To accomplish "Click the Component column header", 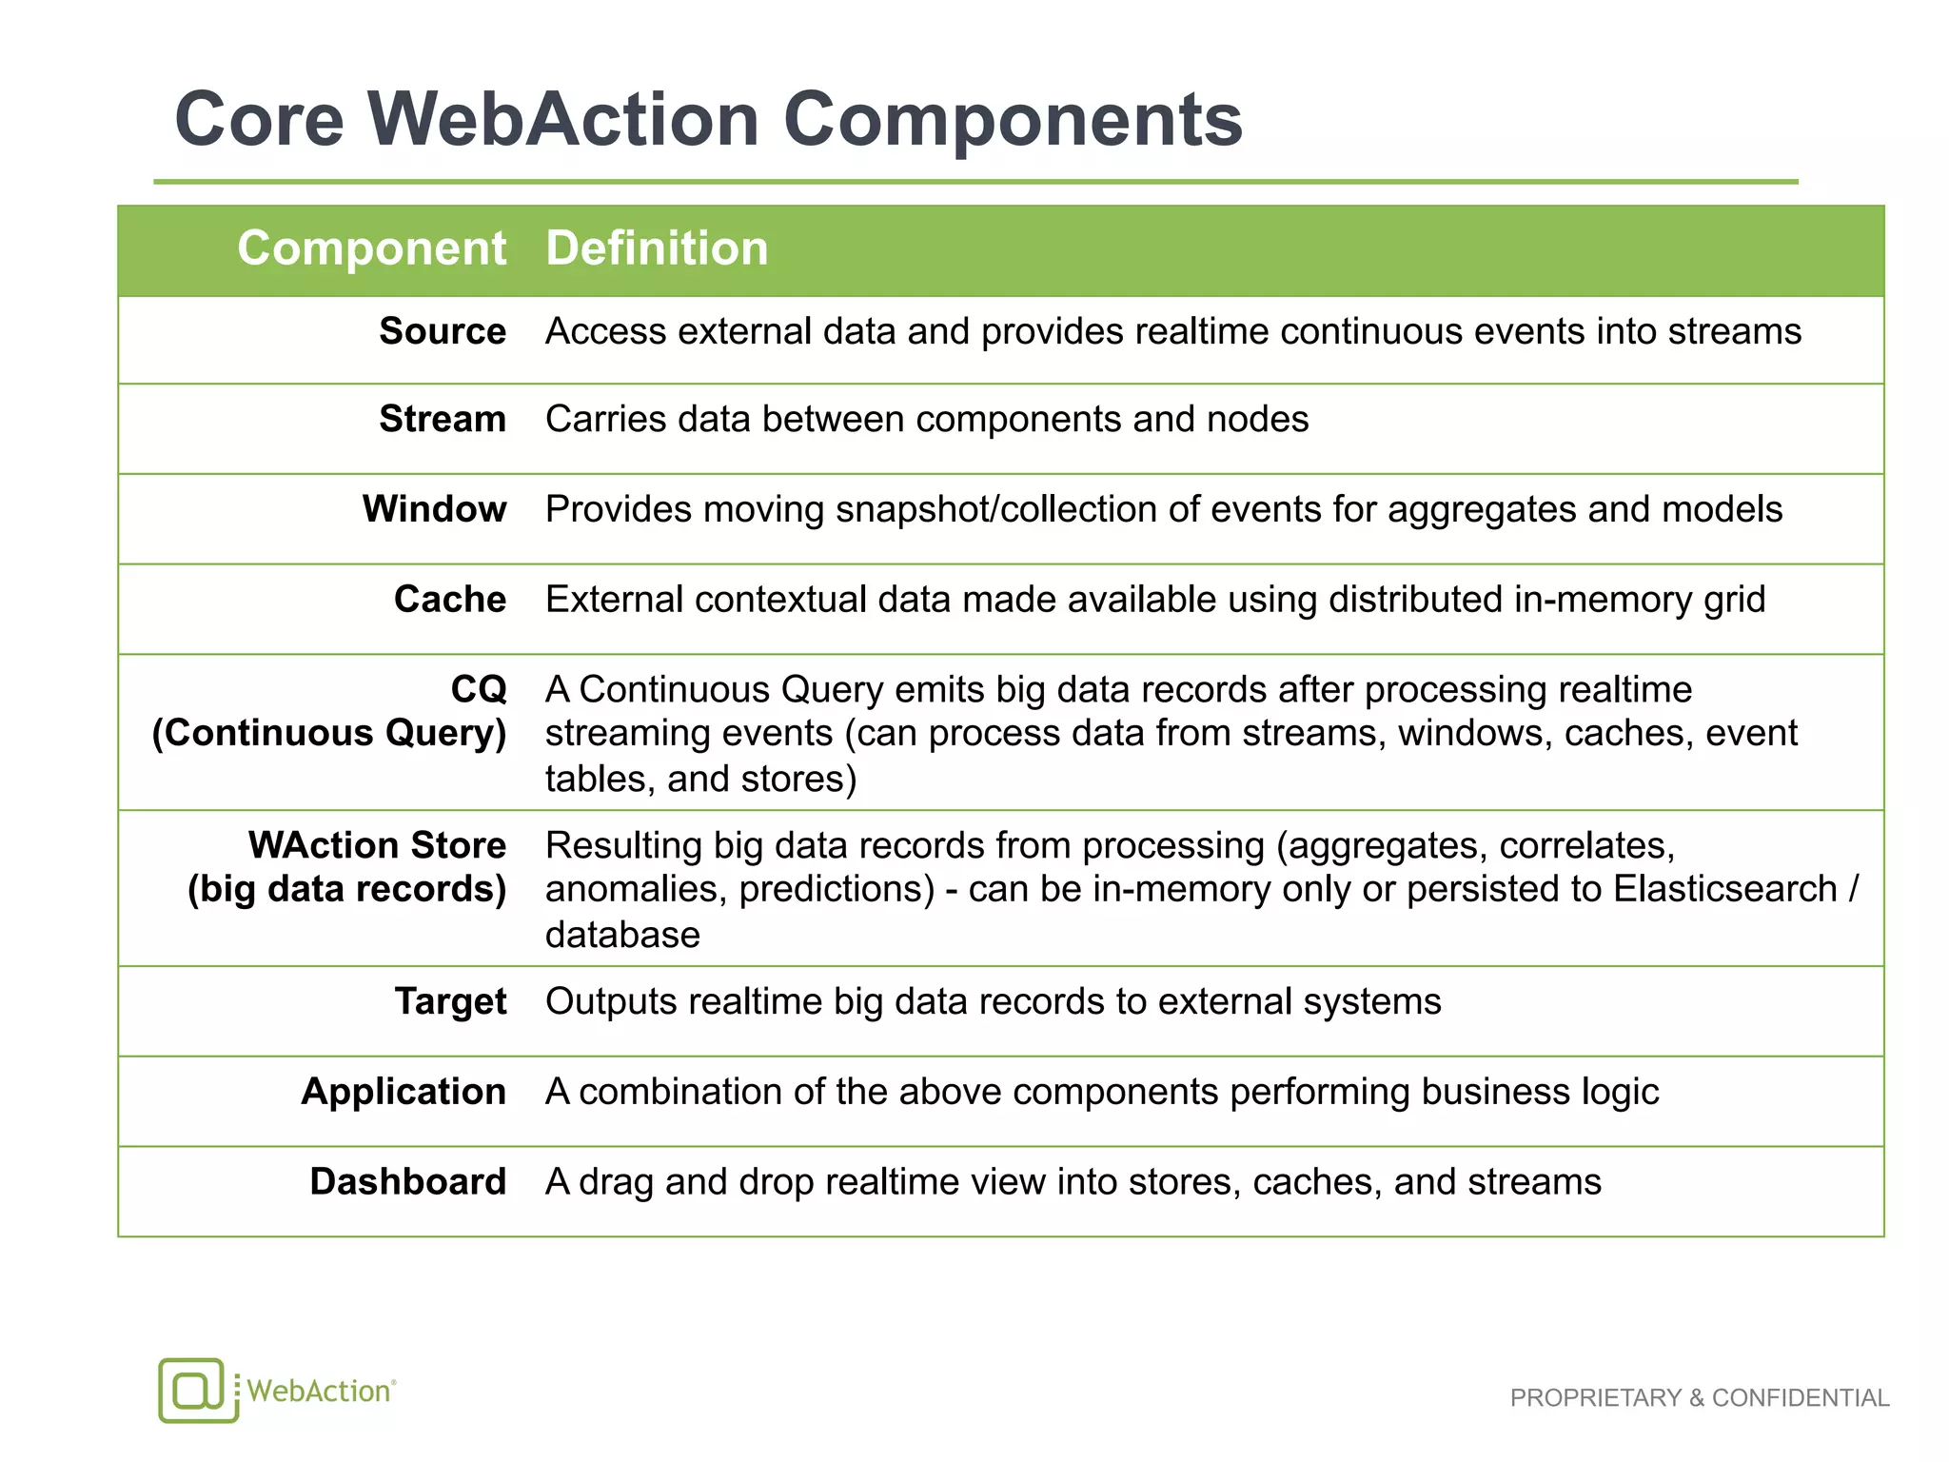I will point(371,248).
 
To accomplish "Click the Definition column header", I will point(657,248).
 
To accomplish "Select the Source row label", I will point(443,331).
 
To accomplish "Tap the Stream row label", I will point(443,419).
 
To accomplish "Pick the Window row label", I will point(434,509).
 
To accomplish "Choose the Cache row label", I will point(450,600).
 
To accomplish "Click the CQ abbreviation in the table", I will point(479,689).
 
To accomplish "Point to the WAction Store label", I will point(377,845).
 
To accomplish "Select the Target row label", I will point(451,1001).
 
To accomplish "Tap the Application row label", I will point(404,1092).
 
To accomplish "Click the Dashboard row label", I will point(408,1182).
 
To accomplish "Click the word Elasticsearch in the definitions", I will point(1725,889).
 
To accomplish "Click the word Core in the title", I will point(259,120).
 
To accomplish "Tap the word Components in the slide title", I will point(1013,120).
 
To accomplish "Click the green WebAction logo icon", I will point(197,1390).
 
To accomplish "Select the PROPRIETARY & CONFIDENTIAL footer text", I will point(1700,1398).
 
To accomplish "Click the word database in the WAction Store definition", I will point(622,936).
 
